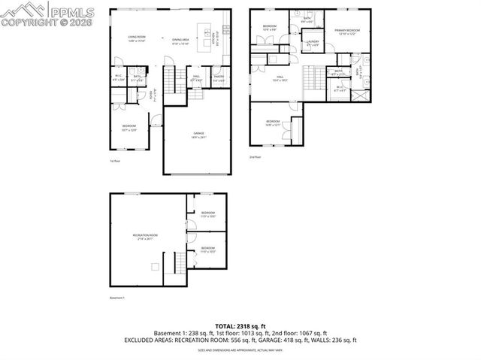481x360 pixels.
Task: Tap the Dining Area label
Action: pyautogui.click(x=180, y=40)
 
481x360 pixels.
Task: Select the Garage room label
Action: pyautogui.click(x=198, y=135)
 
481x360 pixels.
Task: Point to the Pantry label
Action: pyautogui.click(x=219, y=77)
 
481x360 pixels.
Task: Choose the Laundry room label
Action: pyautogui.click(x=313, y=44)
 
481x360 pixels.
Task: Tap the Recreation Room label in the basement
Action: pyautogui.click(x=145, y=237)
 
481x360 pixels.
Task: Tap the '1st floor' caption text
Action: pyautogui.click(x=115, y=160)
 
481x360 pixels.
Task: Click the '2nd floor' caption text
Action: pyautogui.click(x=256, y=157)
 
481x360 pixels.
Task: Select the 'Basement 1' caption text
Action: pyautogui.click(x=117, y=298)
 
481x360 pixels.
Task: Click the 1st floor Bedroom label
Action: pyautogui.click(x=129, y=129)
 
